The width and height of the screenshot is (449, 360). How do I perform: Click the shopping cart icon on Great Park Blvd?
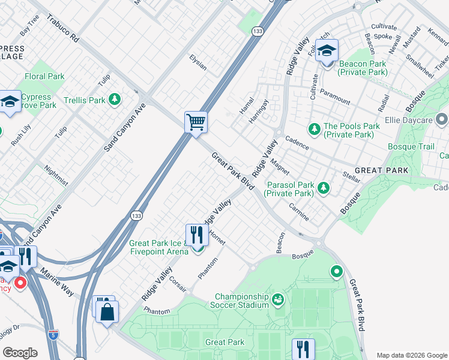pos(196,122)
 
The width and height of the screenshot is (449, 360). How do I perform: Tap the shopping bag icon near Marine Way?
pos(107,312)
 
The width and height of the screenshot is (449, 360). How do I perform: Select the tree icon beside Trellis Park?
pos(114,100)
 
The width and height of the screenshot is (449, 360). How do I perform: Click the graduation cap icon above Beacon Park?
pos(327,51)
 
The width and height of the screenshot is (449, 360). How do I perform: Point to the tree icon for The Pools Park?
pos(313,129)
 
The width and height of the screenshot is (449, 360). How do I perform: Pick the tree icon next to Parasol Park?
pos(324,188)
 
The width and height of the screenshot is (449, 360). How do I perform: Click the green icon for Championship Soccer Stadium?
pos(277,299)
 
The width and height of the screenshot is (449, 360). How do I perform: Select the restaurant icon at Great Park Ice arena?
pos(197,235)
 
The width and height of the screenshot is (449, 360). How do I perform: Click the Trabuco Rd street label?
pos(62,29)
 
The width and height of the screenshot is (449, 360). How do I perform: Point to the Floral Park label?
pos(44,76)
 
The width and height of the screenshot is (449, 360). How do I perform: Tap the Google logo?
pos(20,353)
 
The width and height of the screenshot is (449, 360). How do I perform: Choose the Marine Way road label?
pos(57,281)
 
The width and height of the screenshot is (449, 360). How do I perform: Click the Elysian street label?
pos(197,62)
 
